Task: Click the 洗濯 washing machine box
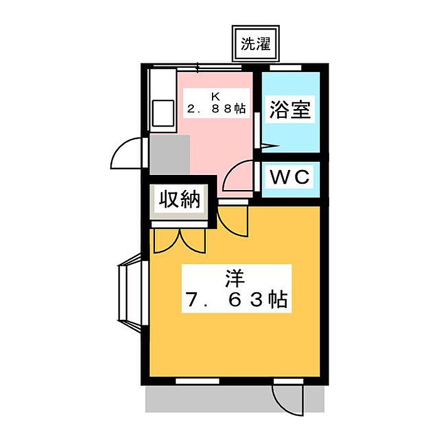pos(256,44)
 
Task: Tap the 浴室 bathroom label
pos(290,110)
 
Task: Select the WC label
pos(290,177)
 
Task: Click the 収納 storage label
pos(180,199)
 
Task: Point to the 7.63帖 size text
pos(237,300)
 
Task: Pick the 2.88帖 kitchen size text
pos(216,108)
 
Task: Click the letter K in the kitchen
pos(216,97)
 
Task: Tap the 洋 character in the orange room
pos(235,278)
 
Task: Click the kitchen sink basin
pos(163,114)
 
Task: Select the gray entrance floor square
pos(170,155)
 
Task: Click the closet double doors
pos(180,240)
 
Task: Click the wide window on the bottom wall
pos(198,381)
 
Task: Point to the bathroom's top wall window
pos(285,68)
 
